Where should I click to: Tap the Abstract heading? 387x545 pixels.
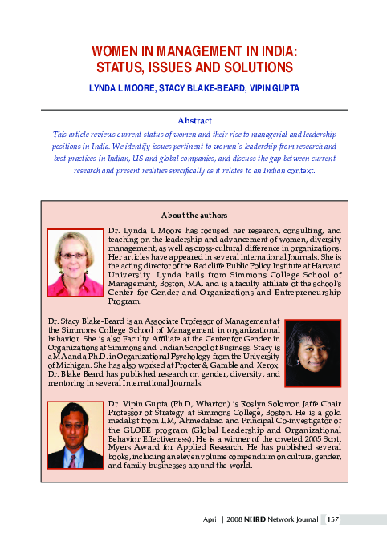click(x=193, y=119)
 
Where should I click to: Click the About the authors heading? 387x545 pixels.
click(x=193, y=216)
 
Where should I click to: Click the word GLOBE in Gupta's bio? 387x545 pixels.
click(x=135, y=428)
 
